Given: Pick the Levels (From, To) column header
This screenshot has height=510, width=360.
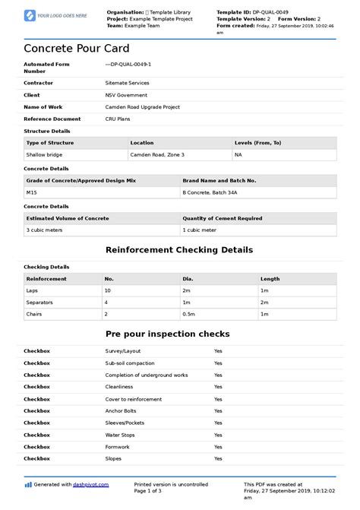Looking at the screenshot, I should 257,143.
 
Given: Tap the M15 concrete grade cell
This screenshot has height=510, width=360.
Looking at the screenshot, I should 32,193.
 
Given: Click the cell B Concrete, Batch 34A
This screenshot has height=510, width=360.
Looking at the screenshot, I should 210,193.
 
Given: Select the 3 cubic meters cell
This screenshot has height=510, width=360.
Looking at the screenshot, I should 44,230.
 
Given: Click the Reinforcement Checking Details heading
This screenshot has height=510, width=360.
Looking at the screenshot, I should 179,250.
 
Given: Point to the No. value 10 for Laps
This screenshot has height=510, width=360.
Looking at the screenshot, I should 109,291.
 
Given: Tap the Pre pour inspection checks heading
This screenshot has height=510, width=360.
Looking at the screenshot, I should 179,334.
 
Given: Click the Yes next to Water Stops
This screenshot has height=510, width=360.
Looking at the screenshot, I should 218,435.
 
